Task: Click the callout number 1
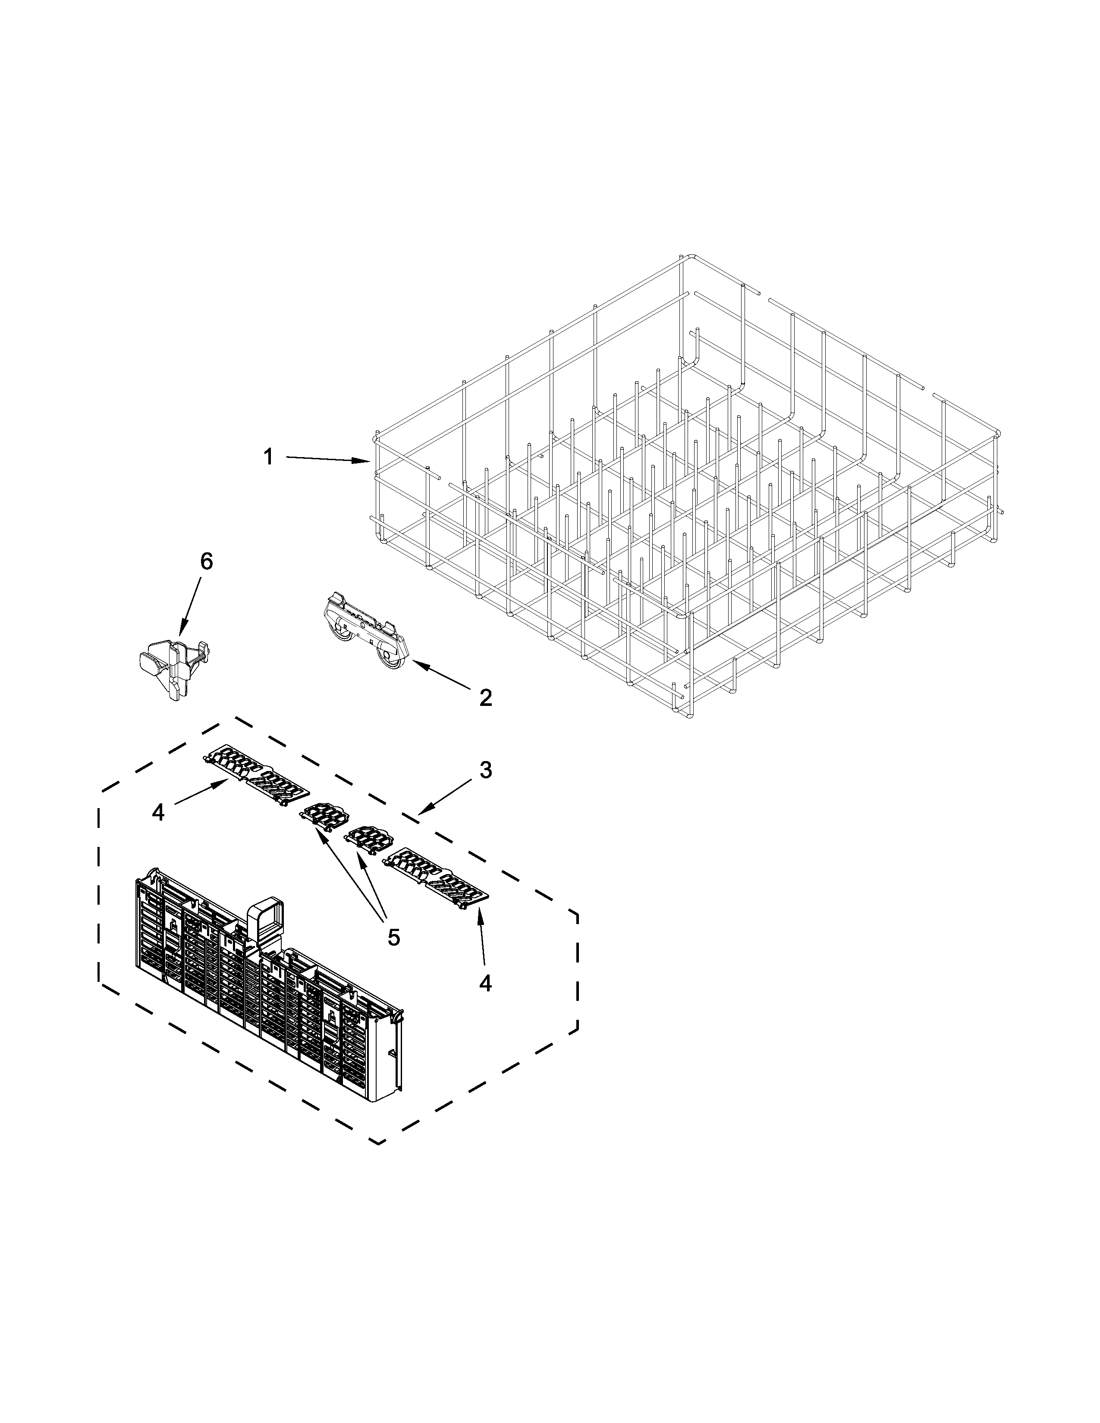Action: [x=268, y=458]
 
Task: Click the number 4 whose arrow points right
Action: [x=158, y=812]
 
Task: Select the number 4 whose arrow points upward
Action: [x=485, y=983]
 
